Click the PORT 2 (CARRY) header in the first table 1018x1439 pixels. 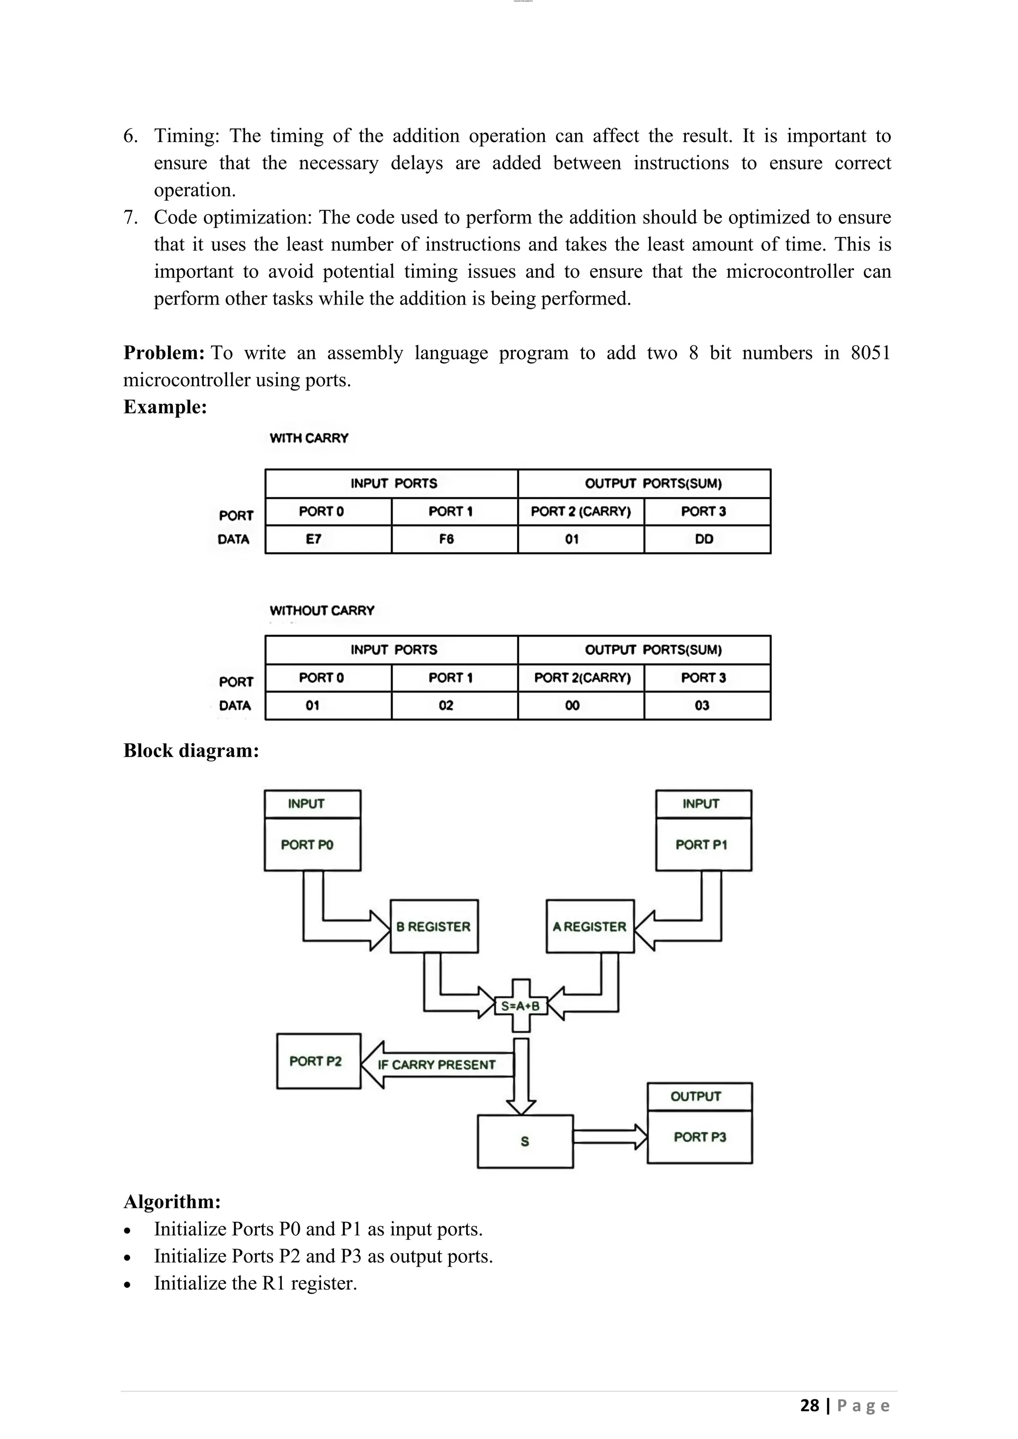point(581,511)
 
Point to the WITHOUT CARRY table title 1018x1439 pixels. point(322,611)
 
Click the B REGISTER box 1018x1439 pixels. point(434,926)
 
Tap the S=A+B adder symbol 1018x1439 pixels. point(521,1006)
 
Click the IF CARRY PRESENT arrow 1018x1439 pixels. point(437,1064)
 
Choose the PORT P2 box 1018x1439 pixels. point(319,1061)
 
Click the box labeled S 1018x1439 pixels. point(525,1141)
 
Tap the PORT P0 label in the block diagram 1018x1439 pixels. point(307,845)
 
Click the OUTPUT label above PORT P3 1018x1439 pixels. point(696,1096)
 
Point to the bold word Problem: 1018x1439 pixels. point(164,353)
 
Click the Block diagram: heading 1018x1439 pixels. point(191,750)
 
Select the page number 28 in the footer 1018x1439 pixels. point(809,1405)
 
